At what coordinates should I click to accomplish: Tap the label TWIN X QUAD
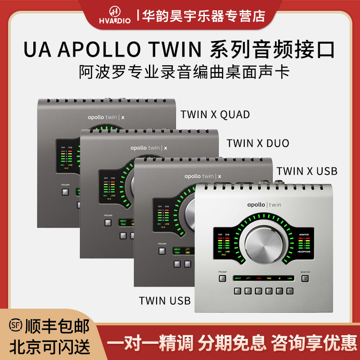tap(215, 114)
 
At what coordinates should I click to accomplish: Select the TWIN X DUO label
tap(258, 143)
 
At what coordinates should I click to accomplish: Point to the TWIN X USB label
tap(307, 171)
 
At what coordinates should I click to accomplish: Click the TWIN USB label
tap(165, 300)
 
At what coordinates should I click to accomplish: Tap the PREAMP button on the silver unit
tap(222, 278)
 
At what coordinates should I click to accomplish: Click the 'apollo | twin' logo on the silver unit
tap(264, 204)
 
